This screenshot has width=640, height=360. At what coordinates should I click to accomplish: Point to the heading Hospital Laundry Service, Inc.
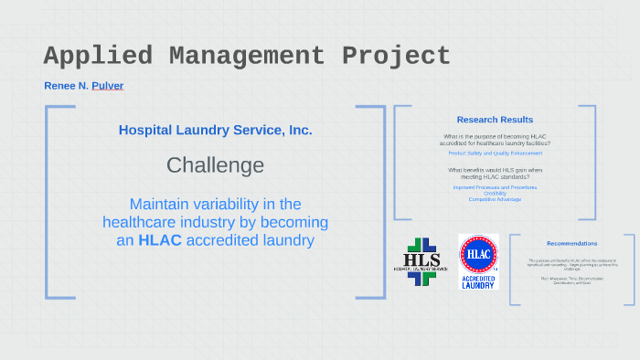(x=215, y=130)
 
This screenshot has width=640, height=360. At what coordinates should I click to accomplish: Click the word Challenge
(x=215, y=165)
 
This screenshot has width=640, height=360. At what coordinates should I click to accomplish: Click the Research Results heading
(x=495, y=120)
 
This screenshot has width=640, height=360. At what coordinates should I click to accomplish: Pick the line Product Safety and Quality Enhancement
(x=495, y=154)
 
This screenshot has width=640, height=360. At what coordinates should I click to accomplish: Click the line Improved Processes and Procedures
(x=495, y=186)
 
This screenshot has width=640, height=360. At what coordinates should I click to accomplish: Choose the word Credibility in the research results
(x=495, y=193)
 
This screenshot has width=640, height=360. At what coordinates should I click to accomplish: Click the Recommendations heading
(x=571, y=243)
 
